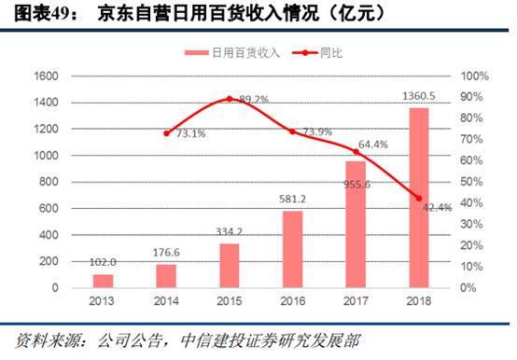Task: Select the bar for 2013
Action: (103, 280)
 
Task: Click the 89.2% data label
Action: (255, 98)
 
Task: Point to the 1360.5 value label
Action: (419, 96)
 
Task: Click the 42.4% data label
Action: (436, 207)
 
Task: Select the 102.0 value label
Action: (103, 263)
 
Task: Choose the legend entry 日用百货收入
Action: (232, 53)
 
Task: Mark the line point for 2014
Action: (166, 132)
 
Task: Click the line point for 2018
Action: (419, 198)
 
